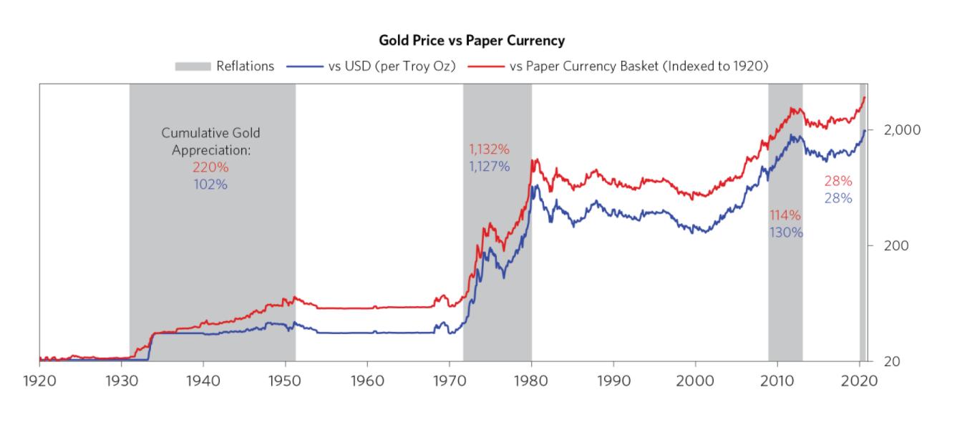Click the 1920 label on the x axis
[x=39, y=379]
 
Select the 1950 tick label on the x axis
[x=286, y=379]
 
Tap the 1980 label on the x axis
[x=531, y=379]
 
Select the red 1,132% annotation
[x=489, y=150]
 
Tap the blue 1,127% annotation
[x=489, y=167]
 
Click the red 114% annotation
[x=785, y=216]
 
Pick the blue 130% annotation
[x=786, y=232]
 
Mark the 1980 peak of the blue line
[x=535, y=186]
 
